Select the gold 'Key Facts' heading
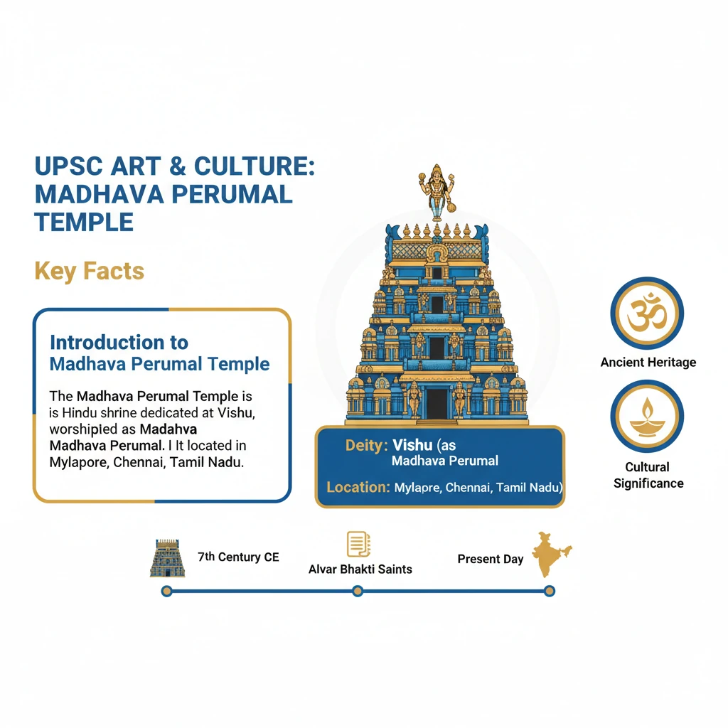tap(89, 271)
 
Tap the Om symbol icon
tap(647, 313)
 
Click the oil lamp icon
tap(647, 416)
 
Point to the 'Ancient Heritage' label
tap(648, 363)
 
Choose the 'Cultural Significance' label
tap(648, 475)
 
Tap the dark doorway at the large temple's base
tap(437, 402)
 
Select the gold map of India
tap(551, 553)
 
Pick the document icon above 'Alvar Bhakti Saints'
tap(358, 545)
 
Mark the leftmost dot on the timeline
tap(166, 591)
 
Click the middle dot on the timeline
tap(358, 591)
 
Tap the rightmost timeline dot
tap(549, 591)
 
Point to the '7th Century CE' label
tap(238, 557)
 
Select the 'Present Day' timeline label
tap(490, 560)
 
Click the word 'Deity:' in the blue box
tap(366, 446)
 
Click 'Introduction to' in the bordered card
tap(119, 343)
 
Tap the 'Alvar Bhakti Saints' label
tap(360, 569)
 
